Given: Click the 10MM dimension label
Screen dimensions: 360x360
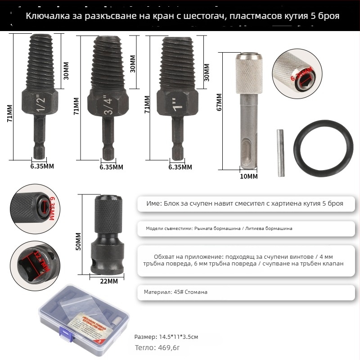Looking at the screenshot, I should [249, 176].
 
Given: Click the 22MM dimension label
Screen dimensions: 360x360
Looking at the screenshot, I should [109, 281].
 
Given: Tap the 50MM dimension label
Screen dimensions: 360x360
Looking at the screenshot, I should [78, 242].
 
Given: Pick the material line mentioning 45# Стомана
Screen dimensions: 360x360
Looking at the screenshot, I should [176, 292].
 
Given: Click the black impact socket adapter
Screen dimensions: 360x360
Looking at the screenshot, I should [109, 238].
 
